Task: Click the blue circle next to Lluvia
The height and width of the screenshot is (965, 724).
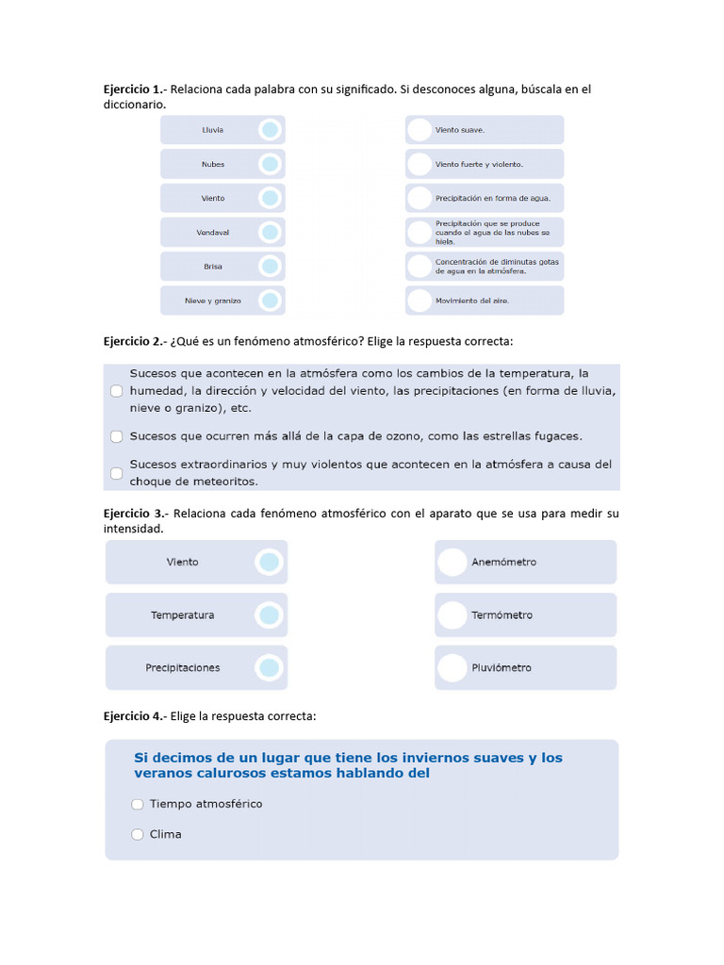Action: coord(270,130)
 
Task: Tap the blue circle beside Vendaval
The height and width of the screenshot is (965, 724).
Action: coord(270,232)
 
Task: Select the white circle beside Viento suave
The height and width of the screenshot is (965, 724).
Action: coord(420,130)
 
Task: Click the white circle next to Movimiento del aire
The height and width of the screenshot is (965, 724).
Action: coord(420,301)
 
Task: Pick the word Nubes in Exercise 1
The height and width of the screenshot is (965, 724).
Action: coord(213,164)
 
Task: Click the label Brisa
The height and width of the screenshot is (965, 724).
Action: coord(213,267)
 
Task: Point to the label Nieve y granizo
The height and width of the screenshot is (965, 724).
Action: coord(213,301)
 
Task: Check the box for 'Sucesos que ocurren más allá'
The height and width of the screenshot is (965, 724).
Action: coord(117,436)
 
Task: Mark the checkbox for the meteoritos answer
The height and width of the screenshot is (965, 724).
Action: coord(117,473)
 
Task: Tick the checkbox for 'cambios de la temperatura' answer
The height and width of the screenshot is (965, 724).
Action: coord(117,390)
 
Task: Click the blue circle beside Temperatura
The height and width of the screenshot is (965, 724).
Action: coord(270,615)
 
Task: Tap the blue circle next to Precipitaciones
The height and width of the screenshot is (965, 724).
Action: coord(270,668)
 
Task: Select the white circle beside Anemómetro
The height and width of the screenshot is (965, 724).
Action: coord(452,563)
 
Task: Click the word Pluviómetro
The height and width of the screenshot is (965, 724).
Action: coord(502,668)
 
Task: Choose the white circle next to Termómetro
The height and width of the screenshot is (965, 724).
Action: coord(452,615)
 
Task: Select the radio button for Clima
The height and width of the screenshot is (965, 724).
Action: coord(138,834)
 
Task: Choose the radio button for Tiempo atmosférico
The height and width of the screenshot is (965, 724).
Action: coord(138,804)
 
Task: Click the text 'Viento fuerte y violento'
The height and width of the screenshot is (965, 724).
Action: coord(479,164)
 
